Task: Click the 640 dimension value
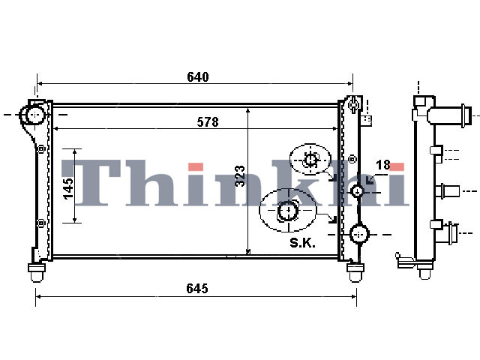tap(198, 76)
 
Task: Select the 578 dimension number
tap(208, 122)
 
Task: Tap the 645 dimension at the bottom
tap(197, 288)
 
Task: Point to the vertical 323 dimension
tap(240, 176)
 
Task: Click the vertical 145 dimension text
tap(68, 188)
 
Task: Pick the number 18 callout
tap(383, 165)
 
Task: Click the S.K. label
tap(302, 243)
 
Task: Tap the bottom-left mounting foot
tap(37, 272)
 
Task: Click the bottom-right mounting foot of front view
tap(355, 272)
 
